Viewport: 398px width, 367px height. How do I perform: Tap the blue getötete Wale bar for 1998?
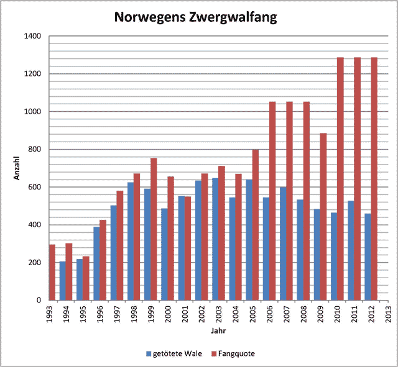point(131,242)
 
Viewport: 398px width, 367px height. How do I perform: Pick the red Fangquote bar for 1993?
point(52,273)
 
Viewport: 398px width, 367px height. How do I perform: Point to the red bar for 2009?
point(323,217)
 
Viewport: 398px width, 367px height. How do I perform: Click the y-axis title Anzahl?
point(17,168)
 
